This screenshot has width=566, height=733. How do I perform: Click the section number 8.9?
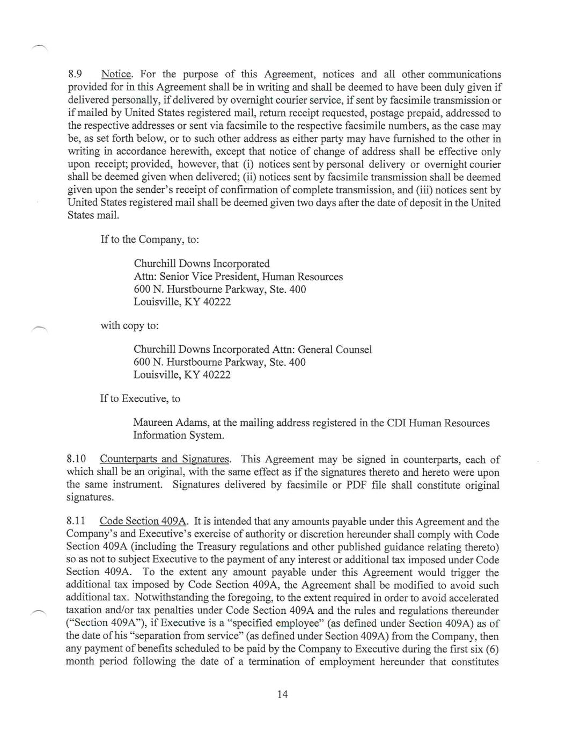pos(75,75)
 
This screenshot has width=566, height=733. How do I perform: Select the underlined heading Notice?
pos(116,75)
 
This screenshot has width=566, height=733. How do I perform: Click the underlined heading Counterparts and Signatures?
pos(165,459)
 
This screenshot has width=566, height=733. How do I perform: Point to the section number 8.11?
pos(76,521)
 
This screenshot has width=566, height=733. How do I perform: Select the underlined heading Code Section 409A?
pos(144,521)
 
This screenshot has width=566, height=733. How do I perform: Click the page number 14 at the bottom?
pos(283,694)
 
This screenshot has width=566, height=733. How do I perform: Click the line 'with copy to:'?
pos(130,326)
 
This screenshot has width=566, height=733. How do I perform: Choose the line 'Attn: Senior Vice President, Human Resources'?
pos(238,277)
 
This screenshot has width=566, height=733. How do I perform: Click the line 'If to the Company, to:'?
pos(150,240)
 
